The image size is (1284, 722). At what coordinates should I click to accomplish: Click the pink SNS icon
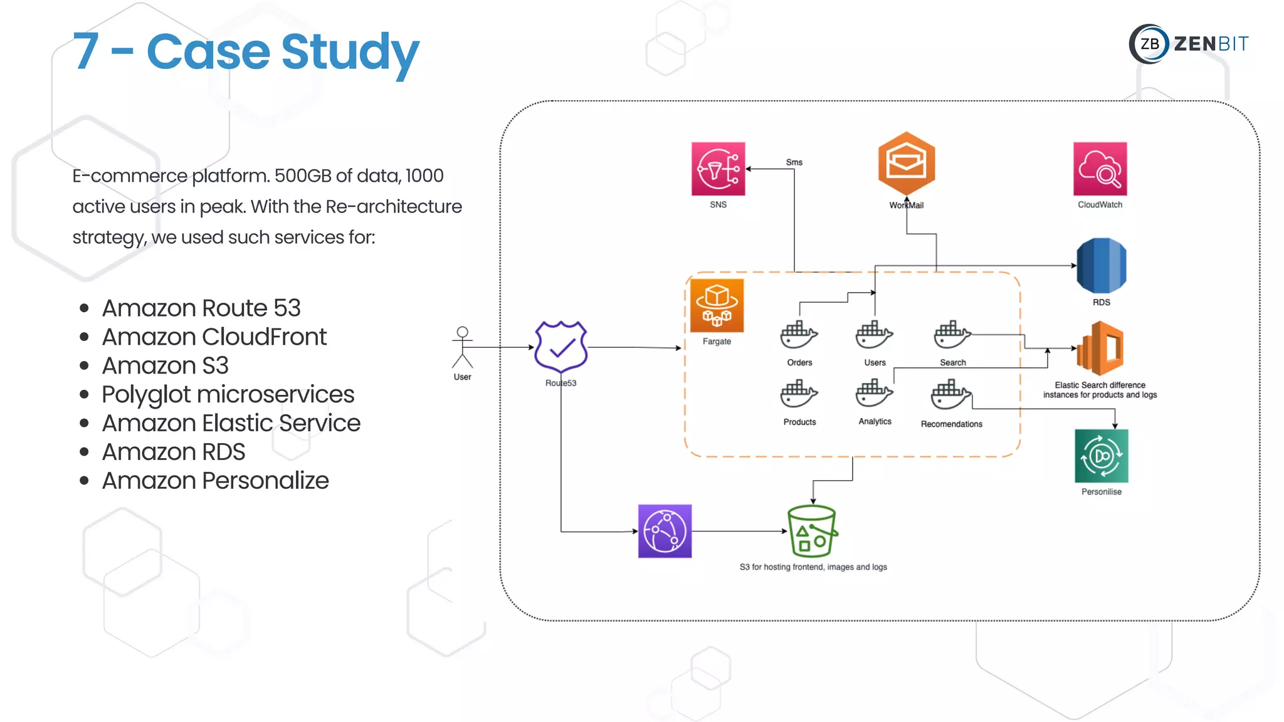(718, 169)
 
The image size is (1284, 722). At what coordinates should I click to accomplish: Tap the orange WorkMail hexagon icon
(906, 164)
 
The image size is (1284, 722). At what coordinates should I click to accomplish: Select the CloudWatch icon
(1100, 169)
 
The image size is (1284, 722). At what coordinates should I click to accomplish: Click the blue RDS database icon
(1101, 266)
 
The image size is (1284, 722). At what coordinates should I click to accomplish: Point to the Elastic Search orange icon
(1100, 348)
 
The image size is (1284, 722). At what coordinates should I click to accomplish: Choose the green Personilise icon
(1101, 456)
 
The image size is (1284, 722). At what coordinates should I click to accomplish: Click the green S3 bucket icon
(812, 531)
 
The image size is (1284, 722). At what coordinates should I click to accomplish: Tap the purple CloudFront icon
(665, 531)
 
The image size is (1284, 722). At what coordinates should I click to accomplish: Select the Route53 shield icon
(560, 347)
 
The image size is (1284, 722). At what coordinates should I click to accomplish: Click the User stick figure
(462, 347)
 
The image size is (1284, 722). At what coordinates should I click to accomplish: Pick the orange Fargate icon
(717, 305)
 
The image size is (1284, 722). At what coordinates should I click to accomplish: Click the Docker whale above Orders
(799, 335)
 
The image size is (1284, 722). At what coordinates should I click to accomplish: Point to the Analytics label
(875, 422)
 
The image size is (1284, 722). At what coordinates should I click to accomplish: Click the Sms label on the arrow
(794, 162)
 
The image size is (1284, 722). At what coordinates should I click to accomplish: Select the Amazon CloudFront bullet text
(214, 337)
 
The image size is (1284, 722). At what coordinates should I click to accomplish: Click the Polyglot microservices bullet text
(228, 395)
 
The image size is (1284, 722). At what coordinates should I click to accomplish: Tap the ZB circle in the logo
(1149, 44)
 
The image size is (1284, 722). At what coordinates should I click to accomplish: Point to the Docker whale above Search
(952, 335)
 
